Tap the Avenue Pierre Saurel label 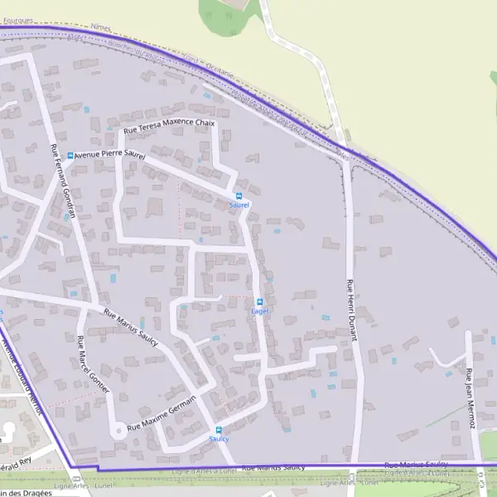[110, 155]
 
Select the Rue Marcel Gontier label [93, 364]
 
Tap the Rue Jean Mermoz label [471, 398]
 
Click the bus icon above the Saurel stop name [239, 195]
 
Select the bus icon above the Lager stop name [260, 302]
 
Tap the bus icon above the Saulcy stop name [219, 430]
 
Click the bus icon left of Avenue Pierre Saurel [70, 155]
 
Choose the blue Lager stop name [260, 311]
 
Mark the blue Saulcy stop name [219, 439]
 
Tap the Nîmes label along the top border [100, 28]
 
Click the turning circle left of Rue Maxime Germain [119, 430]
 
